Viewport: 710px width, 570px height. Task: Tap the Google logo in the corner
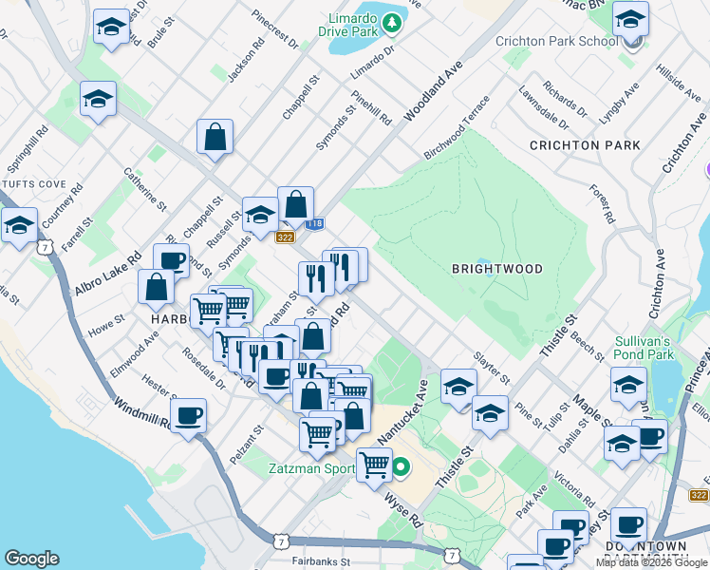31,558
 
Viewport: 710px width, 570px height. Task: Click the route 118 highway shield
315,223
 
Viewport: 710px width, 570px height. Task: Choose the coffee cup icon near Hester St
188,415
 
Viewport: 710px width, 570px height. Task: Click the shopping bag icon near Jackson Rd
215,136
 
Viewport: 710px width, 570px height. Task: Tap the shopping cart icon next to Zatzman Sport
374,465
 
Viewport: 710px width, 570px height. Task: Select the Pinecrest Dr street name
275,30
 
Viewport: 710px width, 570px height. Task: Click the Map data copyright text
652,562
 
